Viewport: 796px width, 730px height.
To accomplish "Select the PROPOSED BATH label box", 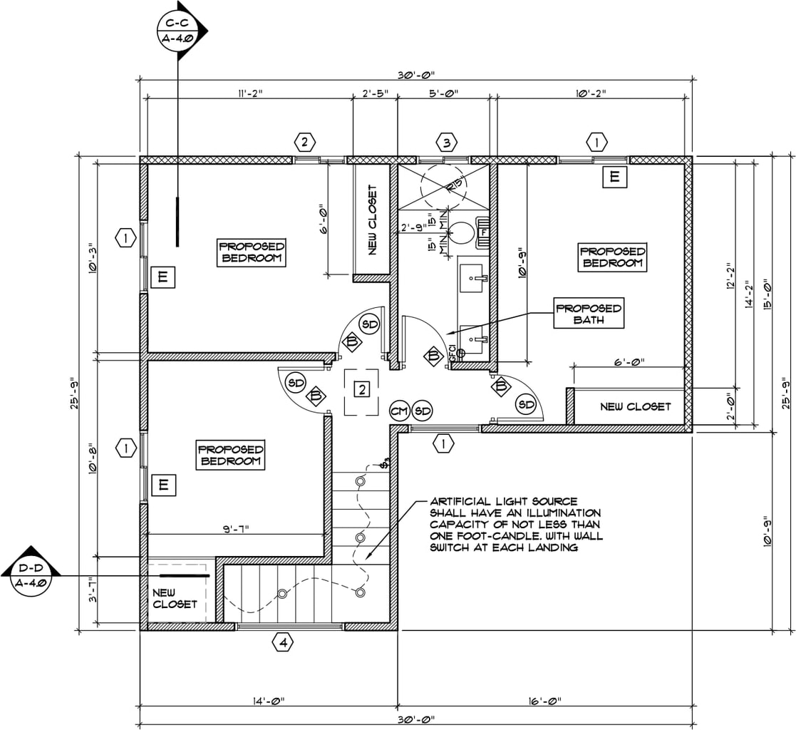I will [589, 314].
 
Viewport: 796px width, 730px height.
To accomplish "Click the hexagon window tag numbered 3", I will [446, 143].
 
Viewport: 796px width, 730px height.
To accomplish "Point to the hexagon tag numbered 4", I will [284, 643].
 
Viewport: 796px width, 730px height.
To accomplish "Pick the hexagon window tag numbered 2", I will [304, 143].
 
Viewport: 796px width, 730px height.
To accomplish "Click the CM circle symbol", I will [399, 411].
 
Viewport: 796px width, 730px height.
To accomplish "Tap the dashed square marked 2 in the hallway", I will [363, 390].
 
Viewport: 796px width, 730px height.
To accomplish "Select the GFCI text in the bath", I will [452, 351].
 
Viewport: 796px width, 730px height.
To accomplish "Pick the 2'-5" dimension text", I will [374, 93].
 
